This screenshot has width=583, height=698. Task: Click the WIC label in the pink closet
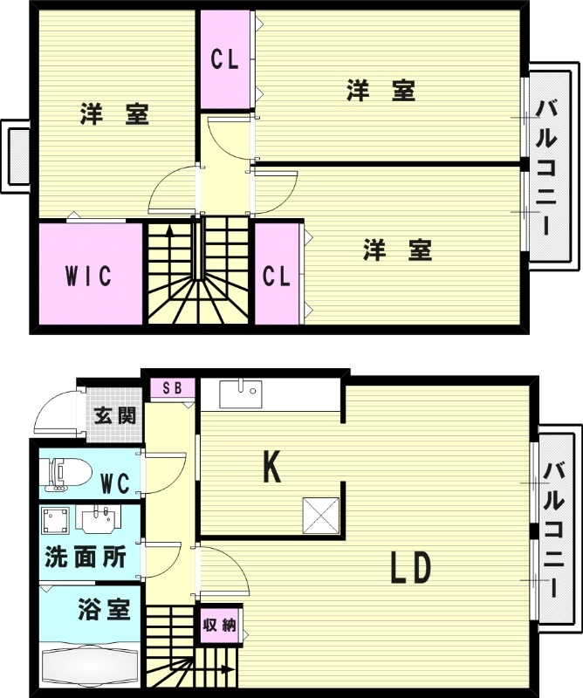88,277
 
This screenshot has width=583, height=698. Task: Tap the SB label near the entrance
172,388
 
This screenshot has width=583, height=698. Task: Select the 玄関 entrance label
115,415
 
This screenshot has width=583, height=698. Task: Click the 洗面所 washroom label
86,558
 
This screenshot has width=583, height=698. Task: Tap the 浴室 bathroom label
104,609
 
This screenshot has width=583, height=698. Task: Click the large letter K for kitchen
272,468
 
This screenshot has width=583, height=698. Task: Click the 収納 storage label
219,625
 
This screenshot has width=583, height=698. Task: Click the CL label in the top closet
224,60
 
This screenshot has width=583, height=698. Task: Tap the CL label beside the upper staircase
277,277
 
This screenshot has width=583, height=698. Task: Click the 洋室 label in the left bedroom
114,114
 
